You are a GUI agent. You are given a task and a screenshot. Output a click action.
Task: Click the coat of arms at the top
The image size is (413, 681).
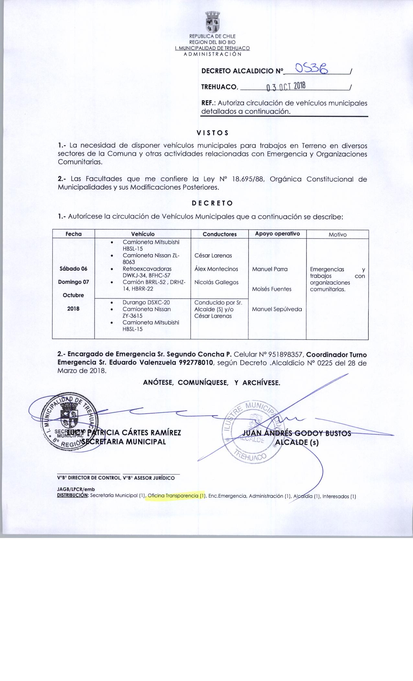pos(212,22)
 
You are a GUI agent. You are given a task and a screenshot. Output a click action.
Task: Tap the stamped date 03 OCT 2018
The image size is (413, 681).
pos(285,86)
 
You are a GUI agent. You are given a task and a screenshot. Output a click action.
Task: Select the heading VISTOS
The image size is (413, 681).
pos(212,133)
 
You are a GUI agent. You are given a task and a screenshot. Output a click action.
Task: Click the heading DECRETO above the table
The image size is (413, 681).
pos(212,203)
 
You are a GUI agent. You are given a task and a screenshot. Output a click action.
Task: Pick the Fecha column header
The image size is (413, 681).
pos(74,234)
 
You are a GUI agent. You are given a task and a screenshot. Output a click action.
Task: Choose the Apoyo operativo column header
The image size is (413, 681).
pos(277,234)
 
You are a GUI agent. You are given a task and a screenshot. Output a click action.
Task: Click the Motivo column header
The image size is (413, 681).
pos(338,234)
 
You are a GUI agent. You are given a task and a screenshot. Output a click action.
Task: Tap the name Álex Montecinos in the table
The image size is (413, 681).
pos(216,269)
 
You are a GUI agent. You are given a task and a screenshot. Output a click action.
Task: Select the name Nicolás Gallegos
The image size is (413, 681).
pos(216,282)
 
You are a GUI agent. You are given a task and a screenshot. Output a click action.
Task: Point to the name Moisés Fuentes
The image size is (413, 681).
pos(272,289)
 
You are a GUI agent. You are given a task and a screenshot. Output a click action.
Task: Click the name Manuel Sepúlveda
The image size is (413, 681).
pos(277,309)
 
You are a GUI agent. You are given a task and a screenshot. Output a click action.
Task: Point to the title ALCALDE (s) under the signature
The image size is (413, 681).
pos(296,442)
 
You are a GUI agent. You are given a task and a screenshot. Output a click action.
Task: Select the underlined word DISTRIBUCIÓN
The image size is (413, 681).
pos(73,496)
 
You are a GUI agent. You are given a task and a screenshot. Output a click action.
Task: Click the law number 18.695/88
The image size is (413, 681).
pos(246,179)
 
